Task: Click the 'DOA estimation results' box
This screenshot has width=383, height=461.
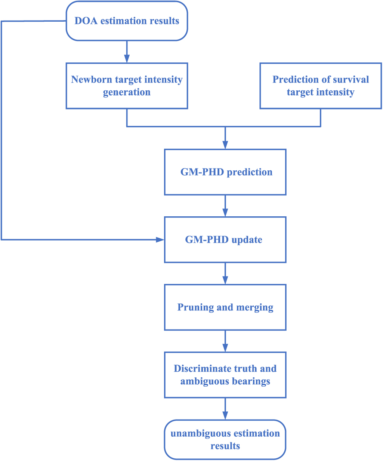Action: pos(127,21)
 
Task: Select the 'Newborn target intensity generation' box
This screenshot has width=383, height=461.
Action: pos(127,86)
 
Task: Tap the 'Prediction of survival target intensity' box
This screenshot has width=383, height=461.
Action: pos(321,86)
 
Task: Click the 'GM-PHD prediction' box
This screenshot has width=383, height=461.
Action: pos(225,172)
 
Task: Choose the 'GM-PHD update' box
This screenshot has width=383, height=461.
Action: pos(225,240)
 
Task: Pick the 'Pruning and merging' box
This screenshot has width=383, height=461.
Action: pos(225,307)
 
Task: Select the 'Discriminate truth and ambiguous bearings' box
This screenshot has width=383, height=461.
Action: pos(225,375)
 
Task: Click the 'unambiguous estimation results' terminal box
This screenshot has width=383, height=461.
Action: pos(225,440)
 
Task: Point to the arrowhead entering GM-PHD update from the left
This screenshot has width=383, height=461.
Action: pos(160,240)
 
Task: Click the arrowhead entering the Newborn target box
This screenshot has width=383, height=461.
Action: pos(127,59)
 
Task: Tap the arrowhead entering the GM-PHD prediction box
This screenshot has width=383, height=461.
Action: pos(225,145)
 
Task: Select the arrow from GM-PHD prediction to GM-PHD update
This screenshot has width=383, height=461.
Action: pos(225,206)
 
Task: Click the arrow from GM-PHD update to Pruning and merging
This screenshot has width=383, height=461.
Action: pos(225,273)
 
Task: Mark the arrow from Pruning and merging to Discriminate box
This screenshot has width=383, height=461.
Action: pos(225,341)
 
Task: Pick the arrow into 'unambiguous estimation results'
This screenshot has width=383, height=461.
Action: pos(225,409)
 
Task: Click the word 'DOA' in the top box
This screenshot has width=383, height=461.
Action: pos(86,21)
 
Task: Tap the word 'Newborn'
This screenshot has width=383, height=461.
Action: pos(92,80)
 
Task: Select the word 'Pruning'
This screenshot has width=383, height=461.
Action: pos(195,307)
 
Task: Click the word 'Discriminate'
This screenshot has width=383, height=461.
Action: pos(203,368)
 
